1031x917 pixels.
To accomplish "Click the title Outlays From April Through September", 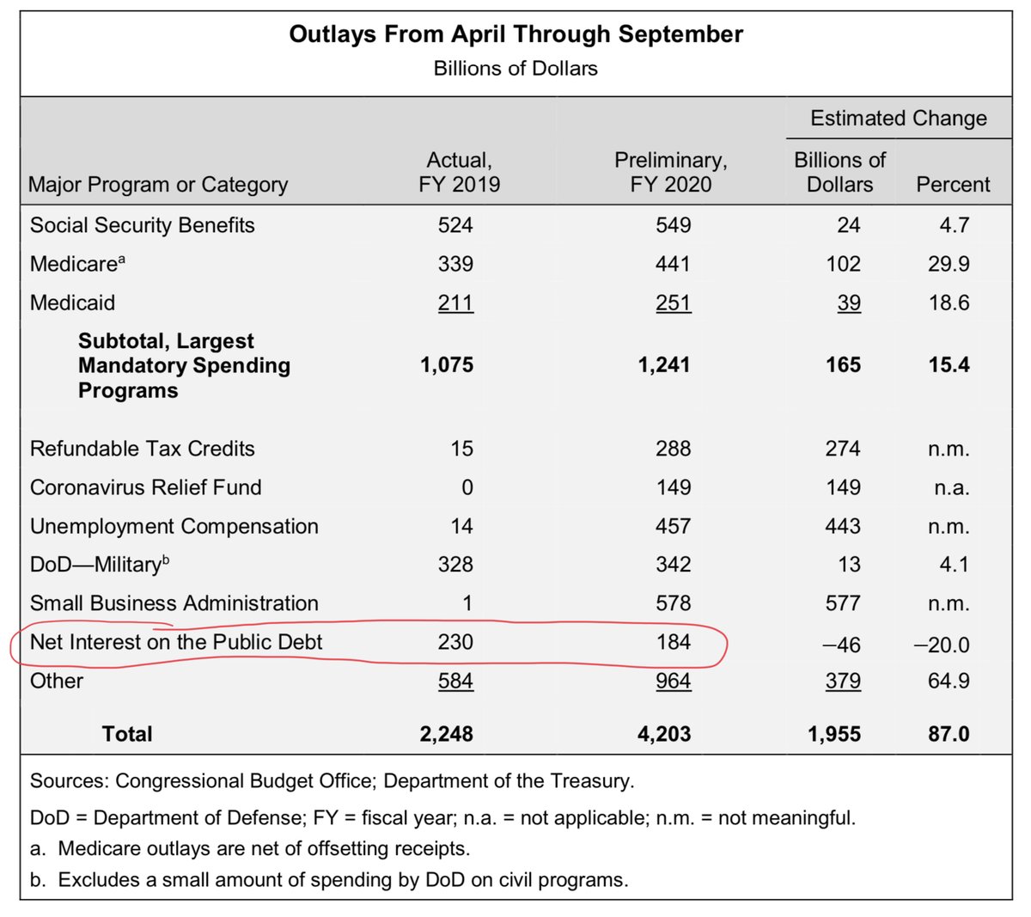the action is point(515,34).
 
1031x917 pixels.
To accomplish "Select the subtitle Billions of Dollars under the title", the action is point(515,68).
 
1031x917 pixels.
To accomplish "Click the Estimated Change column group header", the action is point(898,118).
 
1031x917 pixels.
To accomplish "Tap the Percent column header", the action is point(953,184).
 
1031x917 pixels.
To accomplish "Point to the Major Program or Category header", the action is point(158,185).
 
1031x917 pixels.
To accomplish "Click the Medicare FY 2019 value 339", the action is point(455,264).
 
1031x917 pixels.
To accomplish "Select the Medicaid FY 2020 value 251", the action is point(673,303).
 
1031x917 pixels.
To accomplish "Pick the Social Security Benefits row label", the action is point(142,225).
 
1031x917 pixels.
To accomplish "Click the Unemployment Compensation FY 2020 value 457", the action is point(673,526).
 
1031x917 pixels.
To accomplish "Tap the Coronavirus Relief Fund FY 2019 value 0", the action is point(467,487).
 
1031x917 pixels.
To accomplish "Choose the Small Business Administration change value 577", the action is point(843,603).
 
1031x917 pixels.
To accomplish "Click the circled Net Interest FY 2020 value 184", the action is point(673,642).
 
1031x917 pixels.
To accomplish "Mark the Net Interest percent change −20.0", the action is point(942,645).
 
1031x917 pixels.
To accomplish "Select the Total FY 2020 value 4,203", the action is point(664,734).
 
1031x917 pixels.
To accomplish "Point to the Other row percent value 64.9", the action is point(949,681).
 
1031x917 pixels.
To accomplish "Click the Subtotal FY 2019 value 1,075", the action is point(447,365).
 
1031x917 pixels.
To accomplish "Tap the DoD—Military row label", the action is point(100,564).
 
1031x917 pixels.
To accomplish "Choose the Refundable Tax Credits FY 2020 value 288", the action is point(673,449).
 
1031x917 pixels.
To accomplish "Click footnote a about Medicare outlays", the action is point(250,849).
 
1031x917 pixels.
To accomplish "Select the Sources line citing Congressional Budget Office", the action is point(332,781).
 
